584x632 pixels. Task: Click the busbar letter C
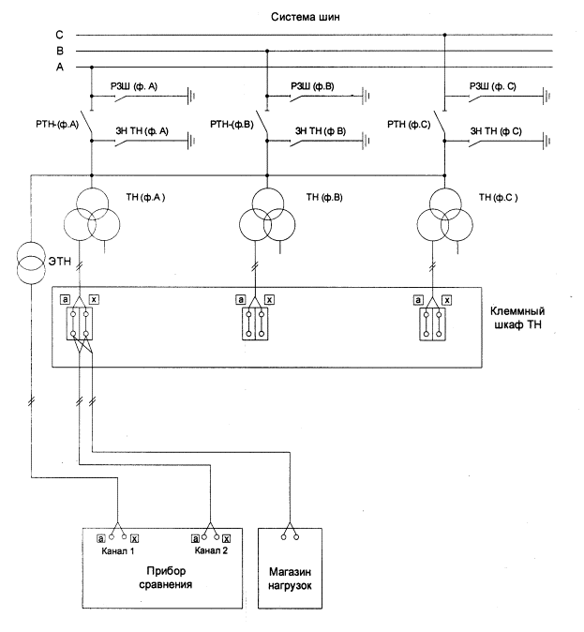pyautogui.click(x=58, y=36)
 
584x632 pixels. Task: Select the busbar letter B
pyautogui.click(x=58, y=52)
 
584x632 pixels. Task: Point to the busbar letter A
pyautogui.click(x=58, y=67)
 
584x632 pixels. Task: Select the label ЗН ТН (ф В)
pyautogui.click(x=321, y=130)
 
